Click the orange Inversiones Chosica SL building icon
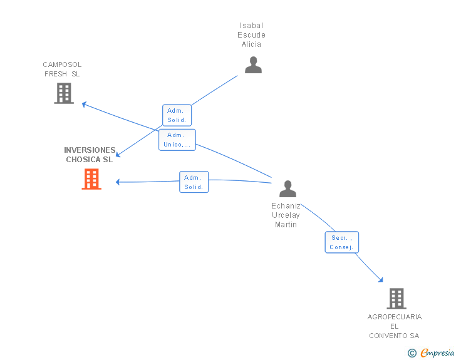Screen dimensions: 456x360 [91, 179]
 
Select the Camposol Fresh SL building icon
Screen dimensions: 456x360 [64, 93]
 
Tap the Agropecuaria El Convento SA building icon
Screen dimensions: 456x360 [396, 299]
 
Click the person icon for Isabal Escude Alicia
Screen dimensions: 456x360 [253, 65]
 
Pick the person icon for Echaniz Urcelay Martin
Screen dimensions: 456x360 [288, 188]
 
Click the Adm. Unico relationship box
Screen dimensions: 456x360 [177, 140]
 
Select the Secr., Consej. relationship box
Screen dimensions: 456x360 [342, 242]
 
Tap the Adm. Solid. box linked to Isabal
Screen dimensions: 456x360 [177, 115]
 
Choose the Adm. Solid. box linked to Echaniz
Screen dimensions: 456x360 [194, 182]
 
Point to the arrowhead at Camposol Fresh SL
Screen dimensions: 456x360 [84, 104]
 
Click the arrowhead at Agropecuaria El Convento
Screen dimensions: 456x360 [381, 280]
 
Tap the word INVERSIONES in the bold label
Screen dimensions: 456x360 [90, 150]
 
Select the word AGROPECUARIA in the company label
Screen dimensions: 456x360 [395, 317]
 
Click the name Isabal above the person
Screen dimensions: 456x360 [251, 26]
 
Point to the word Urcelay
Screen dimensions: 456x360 [286, 215]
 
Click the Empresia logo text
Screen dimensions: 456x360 [437, 352]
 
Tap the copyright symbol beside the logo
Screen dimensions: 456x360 [412, 353]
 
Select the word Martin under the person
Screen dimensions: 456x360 [286, 225]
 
